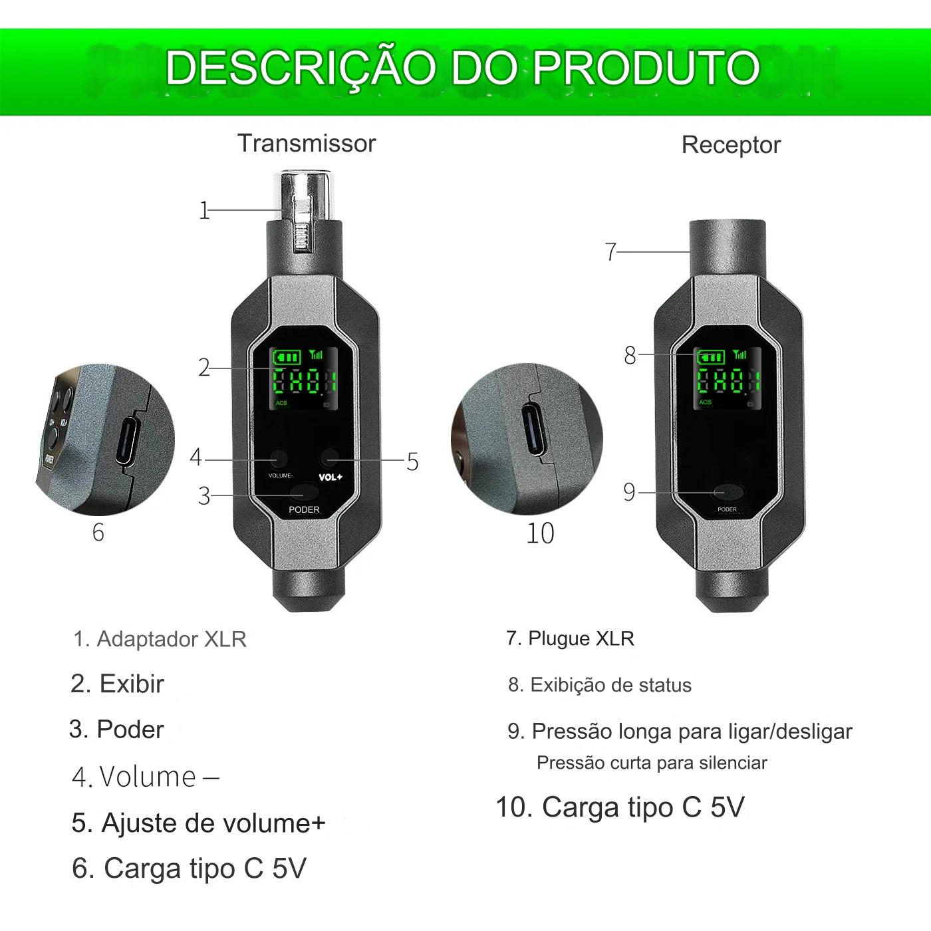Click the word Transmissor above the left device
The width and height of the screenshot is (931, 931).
[307, 144]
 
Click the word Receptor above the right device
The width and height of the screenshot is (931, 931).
[730, 145]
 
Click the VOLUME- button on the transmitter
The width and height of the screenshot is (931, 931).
[278, 458]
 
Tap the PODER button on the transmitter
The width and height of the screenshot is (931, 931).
[304, 493]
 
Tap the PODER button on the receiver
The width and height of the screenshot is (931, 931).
[726, 493]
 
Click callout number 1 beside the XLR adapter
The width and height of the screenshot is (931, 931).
[204, 211]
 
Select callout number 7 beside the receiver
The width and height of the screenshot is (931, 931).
[610, 252]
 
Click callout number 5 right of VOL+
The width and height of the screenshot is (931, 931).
[412, 462]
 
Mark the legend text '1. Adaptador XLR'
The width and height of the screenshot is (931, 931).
[160, 639]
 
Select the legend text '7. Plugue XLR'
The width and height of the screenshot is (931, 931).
[569, 638]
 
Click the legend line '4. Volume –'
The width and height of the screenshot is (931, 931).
[145, 777]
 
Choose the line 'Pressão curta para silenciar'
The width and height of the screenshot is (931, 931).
[651, 763]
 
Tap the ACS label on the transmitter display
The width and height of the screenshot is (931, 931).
[281, 403]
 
